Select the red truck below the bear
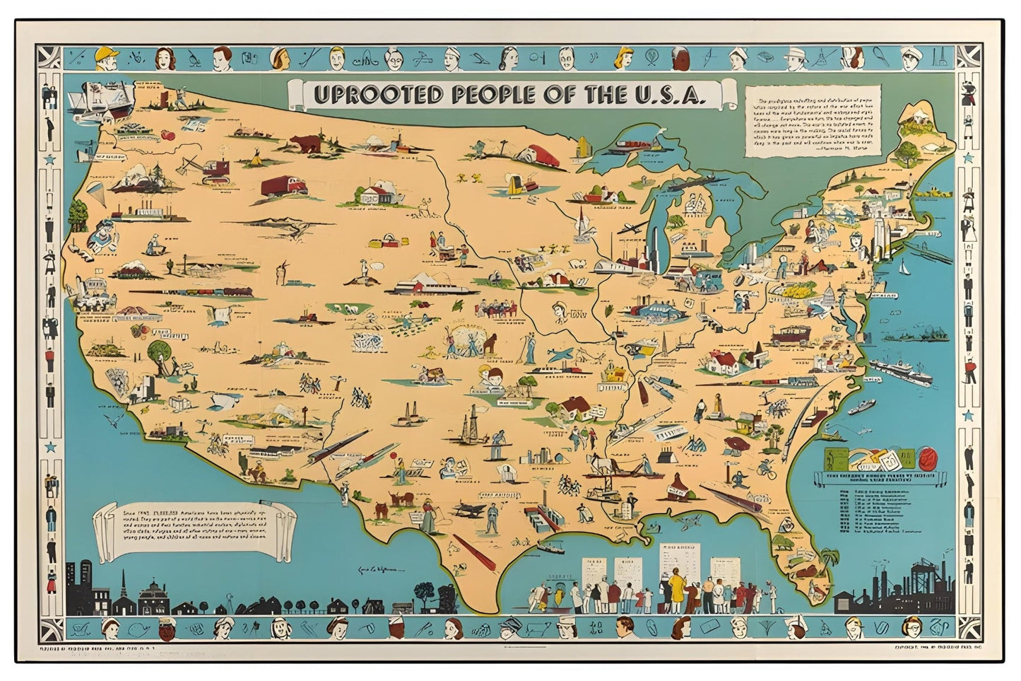click(283, 187)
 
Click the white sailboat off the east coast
click(903, 267)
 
